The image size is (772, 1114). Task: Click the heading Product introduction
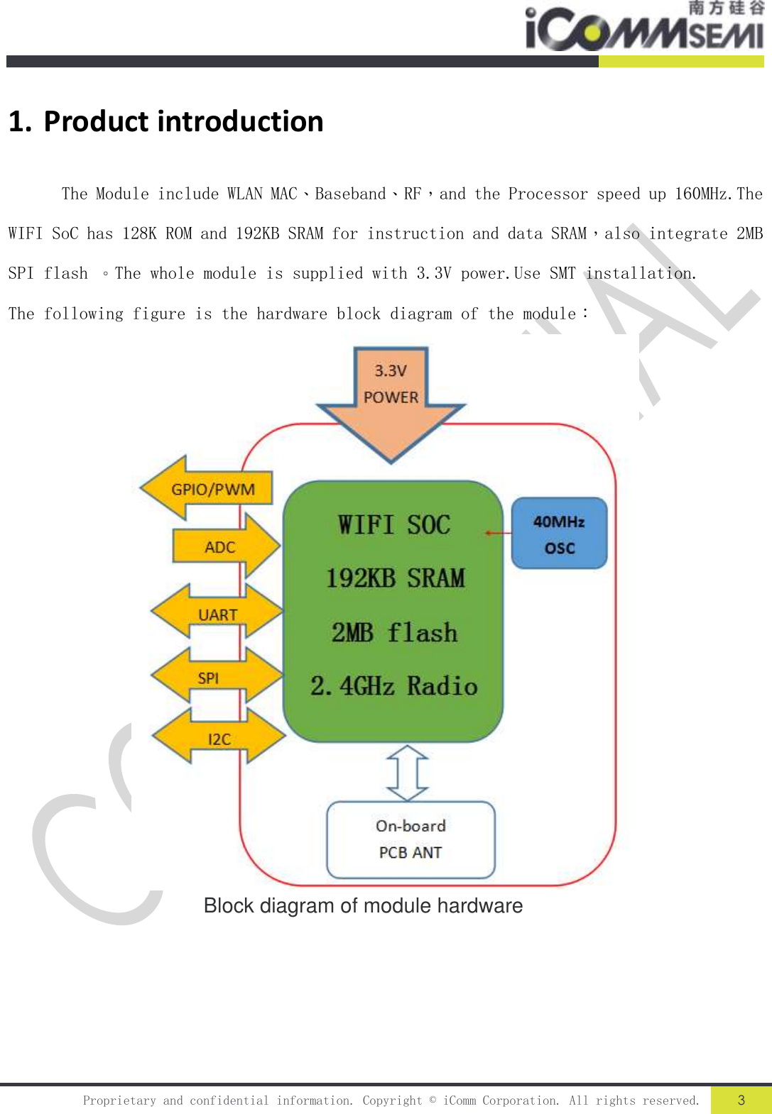pos(166,121)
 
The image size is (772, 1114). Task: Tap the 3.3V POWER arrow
pos(391,397)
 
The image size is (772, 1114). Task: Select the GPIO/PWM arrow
pos(208,489)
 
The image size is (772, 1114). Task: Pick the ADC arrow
pos(225,546)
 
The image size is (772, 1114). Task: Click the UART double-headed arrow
pos(217,613)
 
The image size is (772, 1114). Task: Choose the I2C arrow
pos(219,738)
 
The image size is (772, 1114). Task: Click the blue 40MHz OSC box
pos(559,534)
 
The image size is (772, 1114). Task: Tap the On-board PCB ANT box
pos(411,839)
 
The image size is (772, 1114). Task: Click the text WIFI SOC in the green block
pos(393,525)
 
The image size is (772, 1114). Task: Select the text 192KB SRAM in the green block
pos(395,578)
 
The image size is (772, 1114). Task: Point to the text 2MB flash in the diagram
pos(394,632)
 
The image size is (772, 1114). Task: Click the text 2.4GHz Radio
pos(394,686)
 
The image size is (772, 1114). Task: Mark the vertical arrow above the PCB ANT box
pos(407,772)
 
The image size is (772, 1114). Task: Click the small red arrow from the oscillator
pos(498,533)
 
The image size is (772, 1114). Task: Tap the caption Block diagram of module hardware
pos(363,906)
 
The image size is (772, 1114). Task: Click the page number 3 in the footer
pos(741,1100)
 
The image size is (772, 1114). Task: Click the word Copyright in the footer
pos(392,1101)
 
